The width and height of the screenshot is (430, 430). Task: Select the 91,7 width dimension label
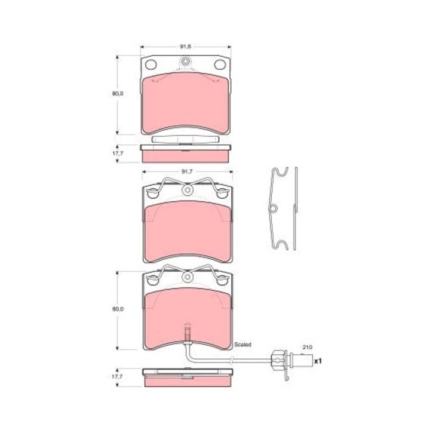coord(186,172)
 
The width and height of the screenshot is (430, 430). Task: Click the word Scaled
coord(244,345)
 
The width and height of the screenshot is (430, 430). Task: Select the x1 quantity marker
coord(318,361)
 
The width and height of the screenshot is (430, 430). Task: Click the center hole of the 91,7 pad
coord(187,191)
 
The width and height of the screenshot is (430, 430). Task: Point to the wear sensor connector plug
coord(279,360)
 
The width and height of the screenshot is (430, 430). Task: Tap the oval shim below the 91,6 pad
coord(186,139)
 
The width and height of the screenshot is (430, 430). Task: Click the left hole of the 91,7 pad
coord(152,193)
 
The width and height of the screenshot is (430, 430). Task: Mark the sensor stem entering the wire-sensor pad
coord(187,334)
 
